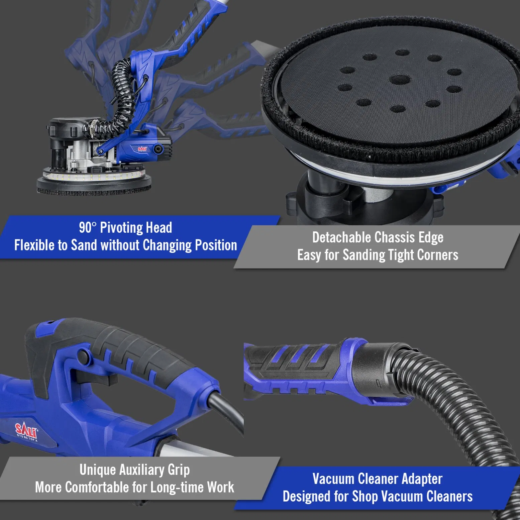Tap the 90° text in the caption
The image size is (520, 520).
click(87, 228)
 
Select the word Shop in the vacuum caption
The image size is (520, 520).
click(365, 497)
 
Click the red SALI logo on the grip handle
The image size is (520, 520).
click(26, 431)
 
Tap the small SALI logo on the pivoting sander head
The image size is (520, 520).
click(142, 149)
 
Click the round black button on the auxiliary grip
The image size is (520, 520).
click(84, 356)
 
